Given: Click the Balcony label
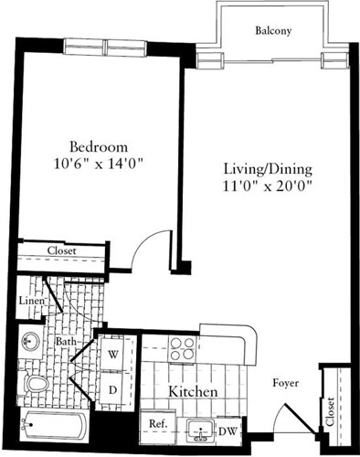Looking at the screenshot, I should coord(273,30).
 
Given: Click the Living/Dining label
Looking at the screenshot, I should coord(269,169).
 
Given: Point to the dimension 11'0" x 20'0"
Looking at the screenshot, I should coord(269,186).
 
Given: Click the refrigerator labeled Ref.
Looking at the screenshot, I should coord(158,424).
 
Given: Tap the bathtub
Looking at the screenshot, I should coord(53,425).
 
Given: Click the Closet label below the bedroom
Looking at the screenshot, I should coord(62,251).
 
